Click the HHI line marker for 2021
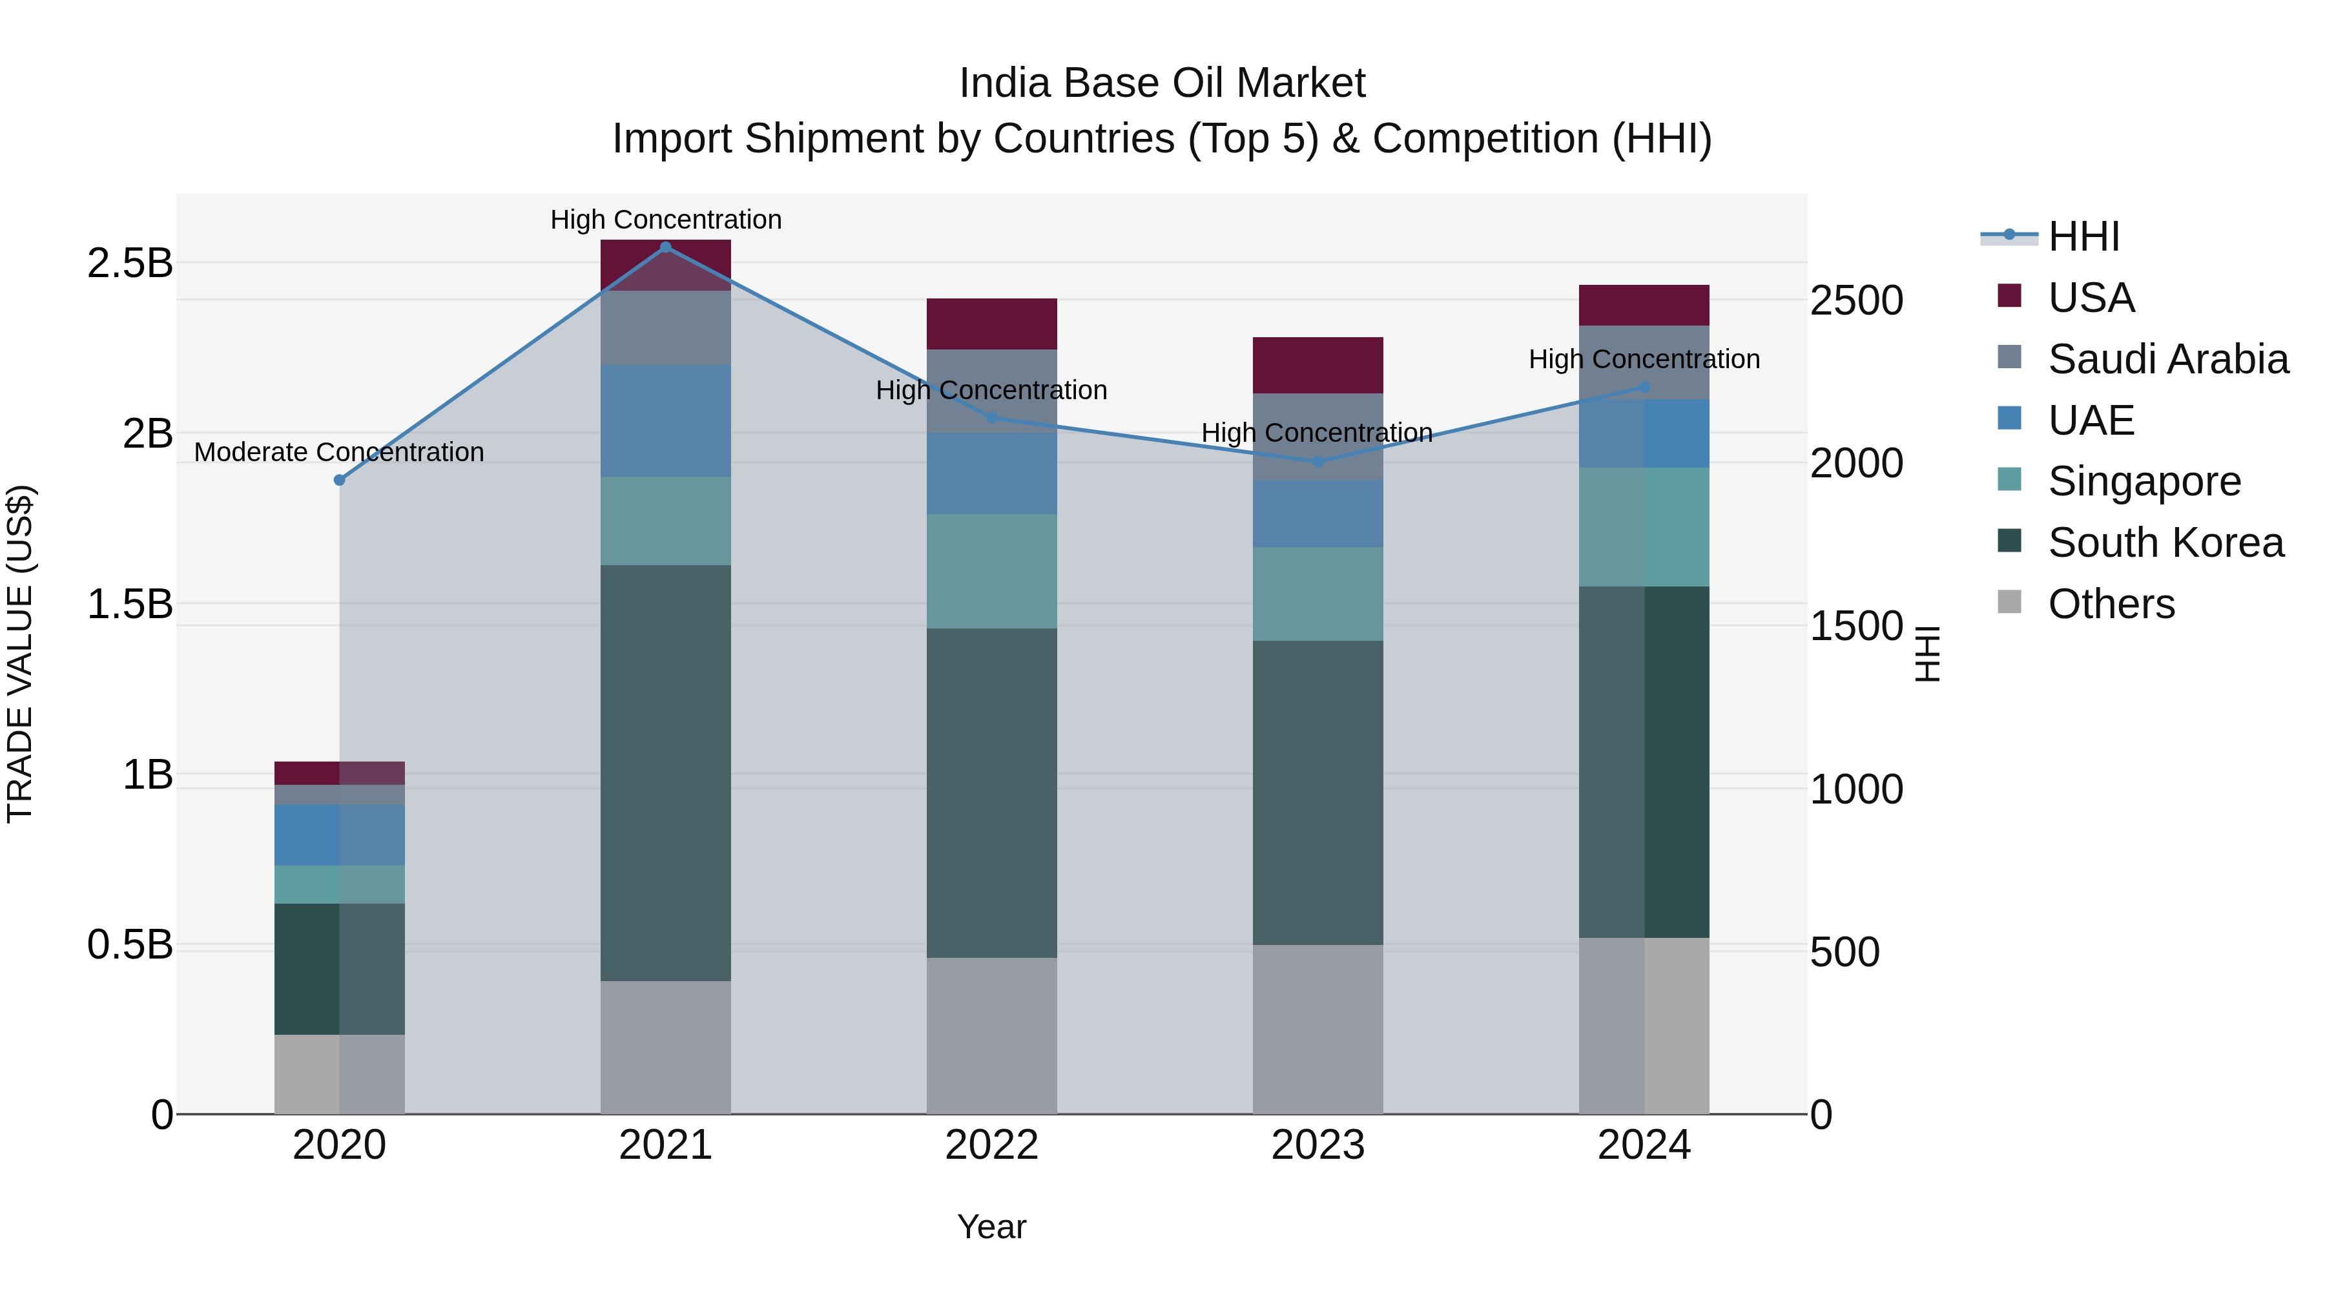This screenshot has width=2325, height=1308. [665, 247]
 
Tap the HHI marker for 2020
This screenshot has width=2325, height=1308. [339, 480]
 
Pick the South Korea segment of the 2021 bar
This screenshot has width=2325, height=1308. [665, 773]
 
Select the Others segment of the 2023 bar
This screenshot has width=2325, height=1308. [1317, 1029]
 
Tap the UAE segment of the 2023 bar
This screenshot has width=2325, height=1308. [1317, 514]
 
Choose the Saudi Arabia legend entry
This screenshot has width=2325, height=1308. [2167, 359]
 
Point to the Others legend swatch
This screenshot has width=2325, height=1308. [2009, 602]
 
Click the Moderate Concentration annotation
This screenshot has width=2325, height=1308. [339, 452]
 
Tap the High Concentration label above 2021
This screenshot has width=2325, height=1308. [665, 220]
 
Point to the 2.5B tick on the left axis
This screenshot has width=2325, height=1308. [130, 264]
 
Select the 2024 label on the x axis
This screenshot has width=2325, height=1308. [1644, 1145]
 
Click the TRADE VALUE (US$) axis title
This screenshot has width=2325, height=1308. [20, 654]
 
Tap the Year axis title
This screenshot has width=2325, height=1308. [991, 1227]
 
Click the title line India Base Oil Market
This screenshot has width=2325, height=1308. [1162, 83]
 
